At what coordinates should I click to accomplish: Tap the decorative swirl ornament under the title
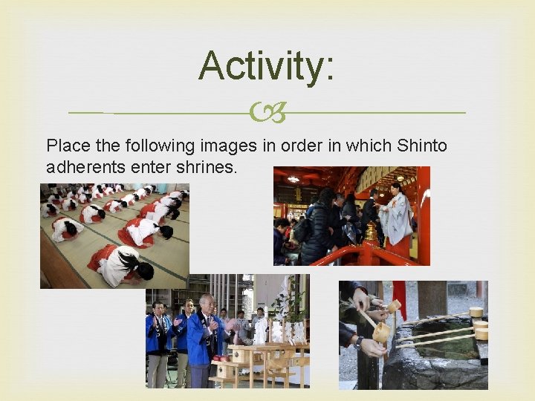point(267,113)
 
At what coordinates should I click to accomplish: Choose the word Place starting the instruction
point(67,146)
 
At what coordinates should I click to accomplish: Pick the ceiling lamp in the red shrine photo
point(294,179)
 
